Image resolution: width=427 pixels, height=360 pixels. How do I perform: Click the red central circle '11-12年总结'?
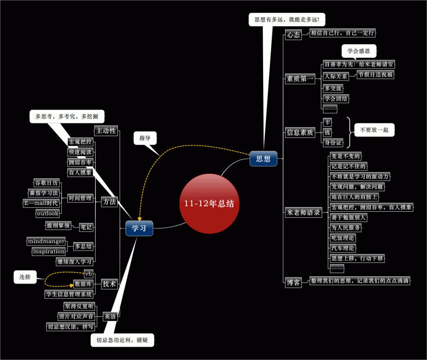point(209,204)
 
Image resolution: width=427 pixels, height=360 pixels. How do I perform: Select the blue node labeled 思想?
point(263,159)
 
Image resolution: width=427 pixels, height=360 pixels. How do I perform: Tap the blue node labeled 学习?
point(139,228)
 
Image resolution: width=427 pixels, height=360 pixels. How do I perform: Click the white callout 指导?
point(145,138)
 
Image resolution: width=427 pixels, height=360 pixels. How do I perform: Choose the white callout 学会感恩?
point(359,51)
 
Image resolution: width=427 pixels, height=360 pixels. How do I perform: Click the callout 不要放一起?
point(374,130)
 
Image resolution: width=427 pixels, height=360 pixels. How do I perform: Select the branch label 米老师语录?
point(303,212)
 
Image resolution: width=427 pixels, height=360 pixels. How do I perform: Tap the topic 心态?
point(293,35)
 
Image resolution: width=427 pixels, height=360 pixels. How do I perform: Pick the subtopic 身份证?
point(333,142)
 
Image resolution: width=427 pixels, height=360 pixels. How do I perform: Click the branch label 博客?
point(293,282)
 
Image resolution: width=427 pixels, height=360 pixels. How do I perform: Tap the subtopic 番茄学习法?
point(43,193)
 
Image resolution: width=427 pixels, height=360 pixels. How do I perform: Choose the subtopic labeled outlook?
point(48,213)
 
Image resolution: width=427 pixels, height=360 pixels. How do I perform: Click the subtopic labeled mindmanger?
point(46,241)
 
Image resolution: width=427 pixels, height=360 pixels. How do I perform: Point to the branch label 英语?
point(110,317)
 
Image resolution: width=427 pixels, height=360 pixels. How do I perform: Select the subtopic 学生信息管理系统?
point(69,294)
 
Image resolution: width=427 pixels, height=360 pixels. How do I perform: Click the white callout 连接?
point(25,277)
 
